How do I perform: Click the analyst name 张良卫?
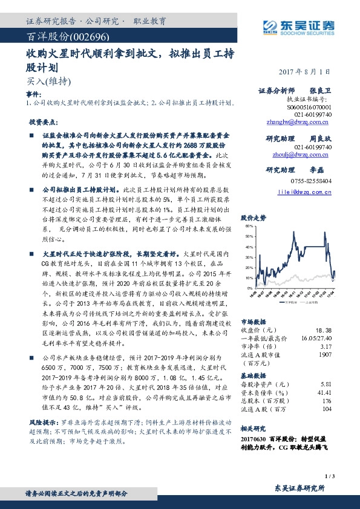pyautogui.click(x=318, y=90)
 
